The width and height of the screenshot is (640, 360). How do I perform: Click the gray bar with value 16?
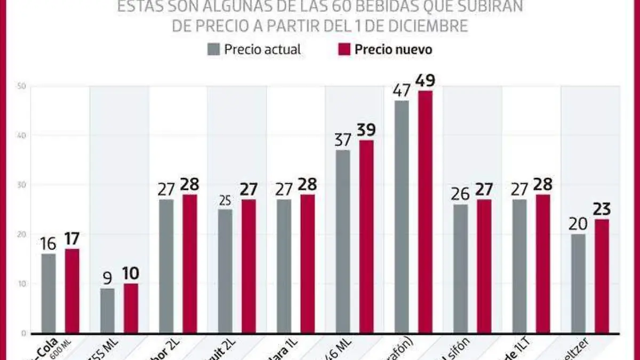pyautogui.click(x=49, y=293)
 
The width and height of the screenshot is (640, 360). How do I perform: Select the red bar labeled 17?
pyautogui.click(x=72, y=291)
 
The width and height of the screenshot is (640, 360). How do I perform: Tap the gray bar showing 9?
pyautogui.click(x=107, y=310)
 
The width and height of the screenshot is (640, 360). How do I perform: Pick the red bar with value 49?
pyautogui.click(x=425, y=212)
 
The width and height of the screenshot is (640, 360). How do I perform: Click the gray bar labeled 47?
pyautogui.click(x=402, y=217)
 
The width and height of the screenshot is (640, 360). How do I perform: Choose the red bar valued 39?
pyautogui.click(x=366, y=236)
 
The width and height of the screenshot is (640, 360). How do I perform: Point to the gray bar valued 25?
pyautogui.click(x=225, y=271)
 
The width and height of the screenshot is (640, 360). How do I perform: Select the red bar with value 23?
pyautogui.click(x=602, y=276)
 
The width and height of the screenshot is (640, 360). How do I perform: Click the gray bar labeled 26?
pyautogui.click(x=461, y=268)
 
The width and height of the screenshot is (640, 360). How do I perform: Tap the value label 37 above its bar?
pyautogui.click(x=343, y=140)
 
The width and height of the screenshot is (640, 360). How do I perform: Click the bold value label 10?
pyautogui.click(x=131, y=274)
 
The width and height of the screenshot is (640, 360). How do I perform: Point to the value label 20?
pyautogui.click(x=578, y=224)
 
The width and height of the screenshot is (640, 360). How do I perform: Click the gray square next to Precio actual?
pyautogui.click(x=213, y=50)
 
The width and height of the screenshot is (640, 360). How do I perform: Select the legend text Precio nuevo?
pyautogui.click(x=394, y=50)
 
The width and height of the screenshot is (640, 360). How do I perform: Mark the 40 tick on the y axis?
pyautogui.click(x=22, y=135)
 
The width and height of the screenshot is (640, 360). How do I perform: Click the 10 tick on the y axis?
pyautogui.click(x=22, y=284)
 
